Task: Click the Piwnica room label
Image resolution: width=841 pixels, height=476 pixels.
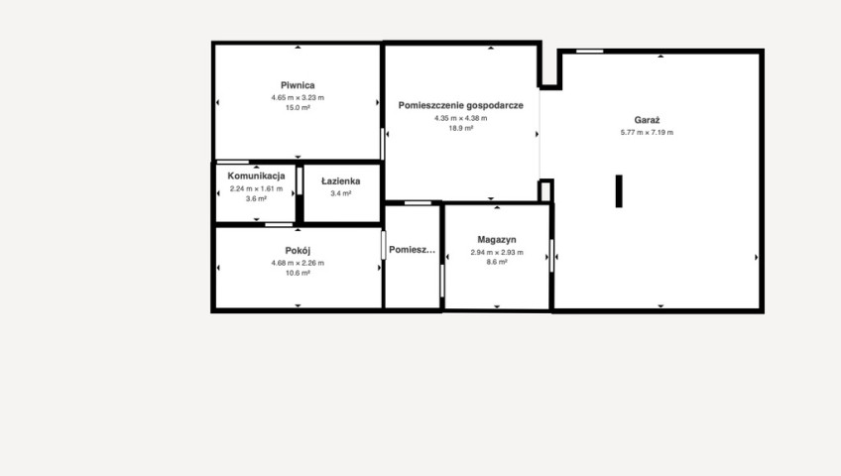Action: (x=298, y=85)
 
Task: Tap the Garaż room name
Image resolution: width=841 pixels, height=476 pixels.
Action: (x=647, y=120)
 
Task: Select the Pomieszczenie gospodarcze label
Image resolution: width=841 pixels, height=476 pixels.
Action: (x=461, y=105)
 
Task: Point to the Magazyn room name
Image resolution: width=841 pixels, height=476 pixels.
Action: (x=497, y=240)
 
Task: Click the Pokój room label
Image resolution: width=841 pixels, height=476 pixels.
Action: (x=298, y=250)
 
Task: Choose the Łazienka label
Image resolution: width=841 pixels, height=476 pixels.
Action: (x=340, y=181)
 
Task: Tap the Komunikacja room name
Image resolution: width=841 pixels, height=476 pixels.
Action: (x=257, y=176)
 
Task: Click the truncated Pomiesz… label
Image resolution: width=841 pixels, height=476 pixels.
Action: (x=412, y=249)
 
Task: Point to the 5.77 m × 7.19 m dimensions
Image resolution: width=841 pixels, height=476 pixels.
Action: (x=647, y=133)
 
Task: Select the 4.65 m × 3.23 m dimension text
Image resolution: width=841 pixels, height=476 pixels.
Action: (x=298, y=97)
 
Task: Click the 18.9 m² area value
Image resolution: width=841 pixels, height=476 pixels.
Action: (x=461, y=128)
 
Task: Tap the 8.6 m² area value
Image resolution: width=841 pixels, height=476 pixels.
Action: (x=497, y=262)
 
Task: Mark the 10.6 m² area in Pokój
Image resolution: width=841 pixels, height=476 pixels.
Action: (x=298, y=273)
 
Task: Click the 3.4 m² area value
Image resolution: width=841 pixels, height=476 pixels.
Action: (x=340, y=193)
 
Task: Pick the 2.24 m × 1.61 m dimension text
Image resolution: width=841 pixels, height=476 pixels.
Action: (x=257, y=188)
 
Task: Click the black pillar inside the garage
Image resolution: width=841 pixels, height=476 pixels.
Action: (x=619, y=190)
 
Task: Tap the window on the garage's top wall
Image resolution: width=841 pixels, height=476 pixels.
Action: (x=590, y=52)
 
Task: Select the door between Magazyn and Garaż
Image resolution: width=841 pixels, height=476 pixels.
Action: (x=551, y=256)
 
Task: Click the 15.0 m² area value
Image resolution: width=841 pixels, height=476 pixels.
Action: (x=298, y=108)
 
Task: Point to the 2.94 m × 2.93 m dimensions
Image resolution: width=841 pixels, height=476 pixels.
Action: (x=497, y=253)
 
